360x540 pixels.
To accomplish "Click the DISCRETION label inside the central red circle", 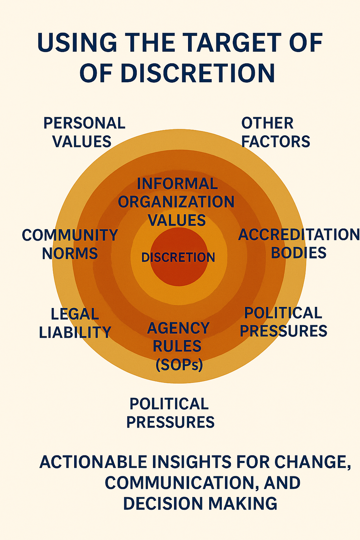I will pos(178,257).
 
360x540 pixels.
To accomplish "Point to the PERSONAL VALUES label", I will pos(84,132).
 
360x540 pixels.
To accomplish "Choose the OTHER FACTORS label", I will pos(275,132).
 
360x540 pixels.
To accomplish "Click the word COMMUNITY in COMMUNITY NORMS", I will pos(70,235).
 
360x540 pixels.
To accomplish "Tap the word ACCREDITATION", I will pos(299,235).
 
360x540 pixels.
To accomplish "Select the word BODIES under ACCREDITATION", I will pos(298,253).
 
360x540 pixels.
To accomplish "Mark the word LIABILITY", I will pos(75,332).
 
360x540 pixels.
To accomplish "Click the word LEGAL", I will pos(75,314).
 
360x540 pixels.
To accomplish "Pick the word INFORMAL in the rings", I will pos(177,184).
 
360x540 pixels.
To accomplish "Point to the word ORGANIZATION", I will pos(176,202).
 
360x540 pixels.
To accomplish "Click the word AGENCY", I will pos(178,328).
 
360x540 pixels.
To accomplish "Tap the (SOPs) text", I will pos(179,365).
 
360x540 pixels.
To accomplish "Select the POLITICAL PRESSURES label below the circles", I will pos(170,413).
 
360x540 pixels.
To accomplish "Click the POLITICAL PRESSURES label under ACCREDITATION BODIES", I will pos(283,322).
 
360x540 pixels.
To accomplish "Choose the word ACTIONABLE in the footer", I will pos(93,462).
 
